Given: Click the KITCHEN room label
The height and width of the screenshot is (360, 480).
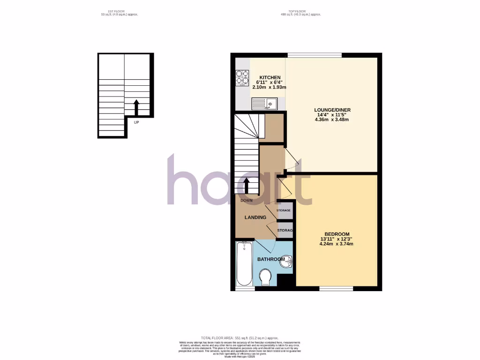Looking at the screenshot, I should click(x=270, y=77).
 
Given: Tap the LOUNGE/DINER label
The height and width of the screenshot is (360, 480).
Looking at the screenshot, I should click(x=332, y=110).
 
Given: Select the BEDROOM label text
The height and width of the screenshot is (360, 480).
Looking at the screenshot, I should click(x=337, y=234).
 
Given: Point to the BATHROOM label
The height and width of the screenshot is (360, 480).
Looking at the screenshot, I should click(x=271, y=259).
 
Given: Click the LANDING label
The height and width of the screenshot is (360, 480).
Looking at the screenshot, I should click(x=255, y=217).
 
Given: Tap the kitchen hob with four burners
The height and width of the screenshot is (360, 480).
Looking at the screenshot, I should click(x=242, y=77).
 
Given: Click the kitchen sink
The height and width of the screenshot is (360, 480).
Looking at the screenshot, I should click(x=265, y=103).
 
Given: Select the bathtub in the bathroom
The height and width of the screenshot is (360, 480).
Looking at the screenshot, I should click(x=244, y=263).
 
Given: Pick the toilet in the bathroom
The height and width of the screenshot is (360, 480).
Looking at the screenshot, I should click(x=265, y=277).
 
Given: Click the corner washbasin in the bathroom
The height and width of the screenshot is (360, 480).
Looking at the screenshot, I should click(x=286, y=263).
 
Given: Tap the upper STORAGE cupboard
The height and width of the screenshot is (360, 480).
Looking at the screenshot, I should click(x=285, y=210).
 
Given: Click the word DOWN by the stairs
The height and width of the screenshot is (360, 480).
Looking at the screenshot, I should click(x=247, y=200).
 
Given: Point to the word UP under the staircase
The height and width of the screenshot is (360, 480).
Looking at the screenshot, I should click(x=136, y=122).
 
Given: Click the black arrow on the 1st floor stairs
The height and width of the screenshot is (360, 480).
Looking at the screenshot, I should click(x=136, y=106).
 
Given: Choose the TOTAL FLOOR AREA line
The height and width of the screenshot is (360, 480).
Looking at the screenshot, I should click(x=240, y=338).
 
